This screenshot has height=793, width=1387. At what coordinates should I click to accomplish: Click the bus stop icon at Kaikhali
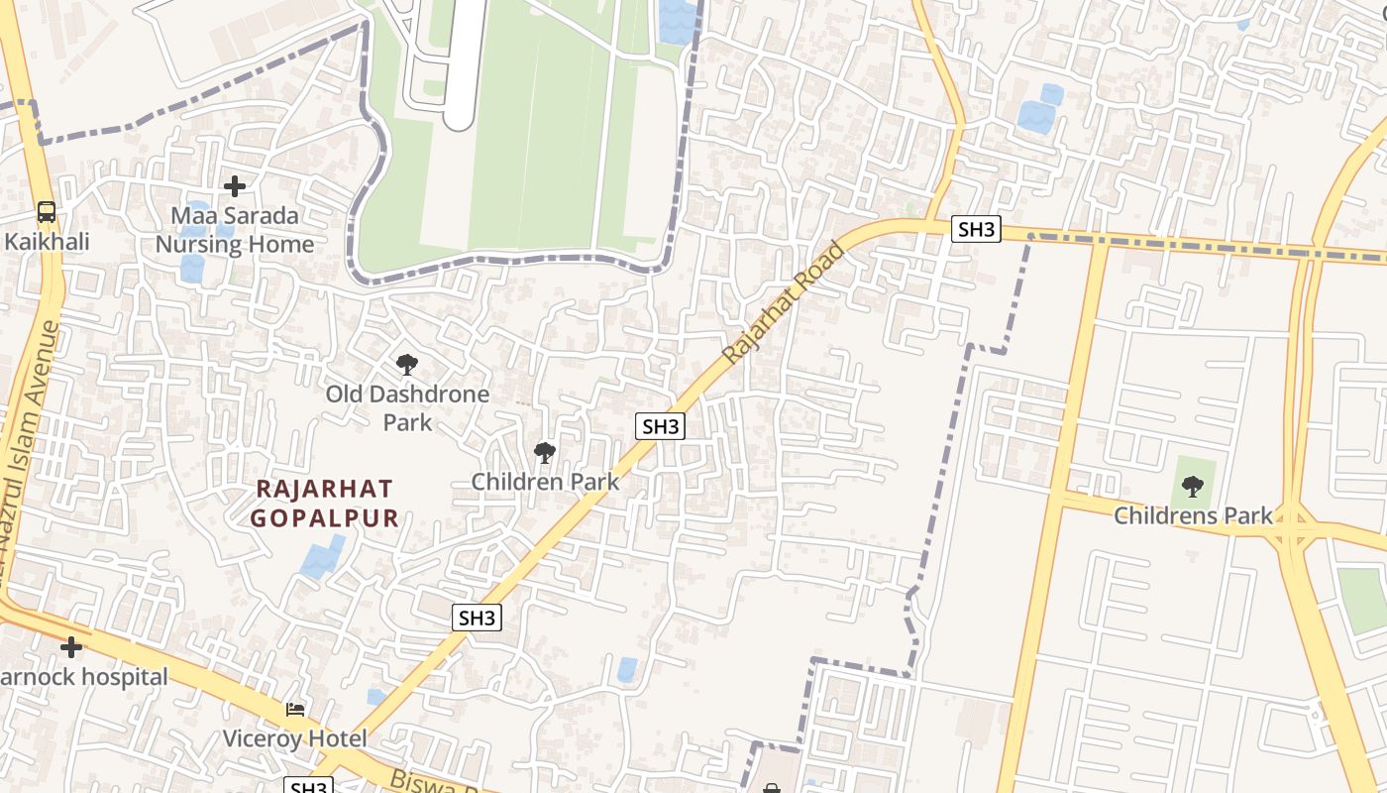[x=47, y=211]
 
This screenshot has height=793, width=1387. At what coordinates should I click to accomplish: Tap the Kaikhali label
[x=47, y=241]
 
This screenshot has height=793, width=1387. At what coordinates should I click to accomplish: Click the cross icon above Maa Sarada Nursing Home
[x=235, y=185]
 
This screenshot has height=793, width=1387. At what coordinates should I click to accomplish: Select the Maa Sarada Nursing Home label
[x=235, y=230]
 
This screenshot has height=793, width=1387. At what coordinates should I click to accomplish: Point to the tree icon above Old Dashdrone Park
[x=406, y=365]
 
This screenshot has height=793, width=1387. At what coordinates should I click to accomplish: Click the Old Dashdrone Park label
[x=407, y=407]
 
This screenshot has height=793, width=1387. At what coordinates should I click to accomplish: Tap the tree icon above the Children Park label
[x=544, y=453]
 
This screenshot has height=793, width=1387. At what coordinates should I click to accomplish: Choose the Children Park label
[x=545, y=482]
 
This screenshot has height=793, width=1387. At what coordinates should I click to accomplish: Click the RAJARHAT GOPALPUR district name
[x=325, y=503]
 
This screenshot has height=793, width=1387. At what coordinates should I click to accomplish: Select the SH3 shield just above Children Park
[x=661, y=426]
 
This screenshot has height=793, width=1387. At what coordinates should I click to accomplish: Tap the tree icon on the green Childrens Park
[x=1193, y=486]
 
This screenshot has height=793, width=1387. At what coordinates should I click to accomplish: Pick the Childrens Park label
[x=1193, y=515]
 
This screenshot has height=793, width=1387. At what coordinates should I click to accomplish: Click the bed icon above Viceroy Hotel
[x=295, y=709]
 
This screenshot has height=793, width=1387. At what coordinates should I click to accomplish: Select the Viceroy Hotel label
[x=294, y=738]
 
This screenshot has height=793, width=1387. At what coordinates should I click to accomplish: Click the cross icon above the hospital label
[x=70, y=647]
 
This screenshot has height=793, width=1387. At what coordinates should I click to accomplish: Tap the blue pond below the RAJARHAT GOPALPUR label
[x=323, y=558]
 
